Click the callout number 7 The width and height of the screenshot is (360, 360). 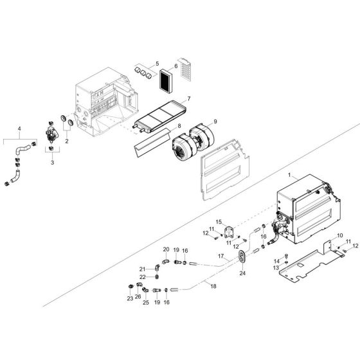(x=188, y=99)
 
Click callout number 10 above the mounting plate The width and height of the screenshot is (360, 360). (x=340, y=237)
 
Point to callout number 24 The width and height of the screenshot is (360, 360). (x=242, y=273)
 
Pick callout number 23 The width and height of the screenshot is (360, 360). (x=129, y=298)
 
